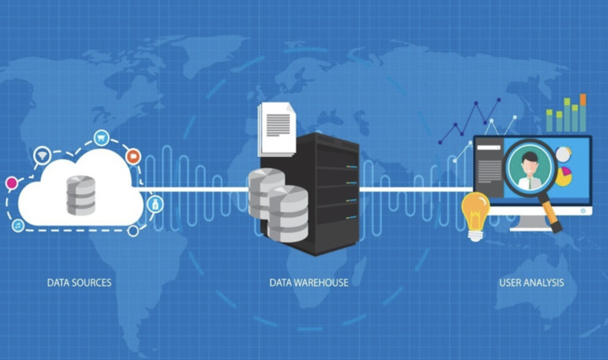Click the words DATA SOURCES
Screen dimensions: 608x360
pyautogui.click(x=79, y=282)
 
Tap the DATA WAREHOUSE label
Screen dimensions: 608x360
pyautogui.click(x=309, y=282)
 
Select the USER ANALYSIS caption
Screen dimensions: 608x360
pyautogui.click(x=531, y=282)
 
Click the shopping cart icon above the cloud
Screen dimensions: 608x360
pyautogui.click(x=101, y=138)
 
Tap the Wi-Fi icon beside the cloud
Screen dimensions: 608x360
pyautogui.click(x=42, y=155)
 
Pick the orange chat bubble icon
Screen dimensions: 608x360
pyautogui.click(x=133, y=156)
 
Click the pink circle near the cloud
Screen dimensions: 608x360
pyautogui.click(x=12, y=183)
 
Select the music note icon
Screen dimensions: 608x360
pyautogui.click(x=18, y=225)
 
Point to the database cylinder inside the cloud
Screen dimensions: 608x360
pyautogui.click(x=81, y=195)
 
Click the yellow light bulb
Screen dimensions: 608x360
pyautogui.click(x=475, y=215)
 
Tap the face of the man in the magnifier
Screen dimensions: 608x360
pyautogui.click(x=529, y=166)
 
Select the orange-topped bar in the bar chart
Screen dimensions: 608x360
pyautogui.click(x=583, y=112)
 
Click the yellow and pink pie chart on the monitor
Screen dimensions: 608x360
pyautogui.click(x=563, y=177)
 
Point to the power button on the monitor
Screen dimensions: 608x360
pyautogui.click(x=584, y=210)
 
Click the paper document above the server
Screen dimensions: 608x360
pyautogui.click(x=277, y=128)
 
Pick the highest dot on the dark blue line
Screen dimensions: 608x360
pyautogui.click(x=499, y=100)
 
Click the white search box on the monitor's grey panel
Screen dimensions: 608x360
pyautogui.click(x=488, y=147)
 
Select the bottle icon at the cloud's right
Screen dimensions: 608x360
pyautogui.click(x=155, y=204)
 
